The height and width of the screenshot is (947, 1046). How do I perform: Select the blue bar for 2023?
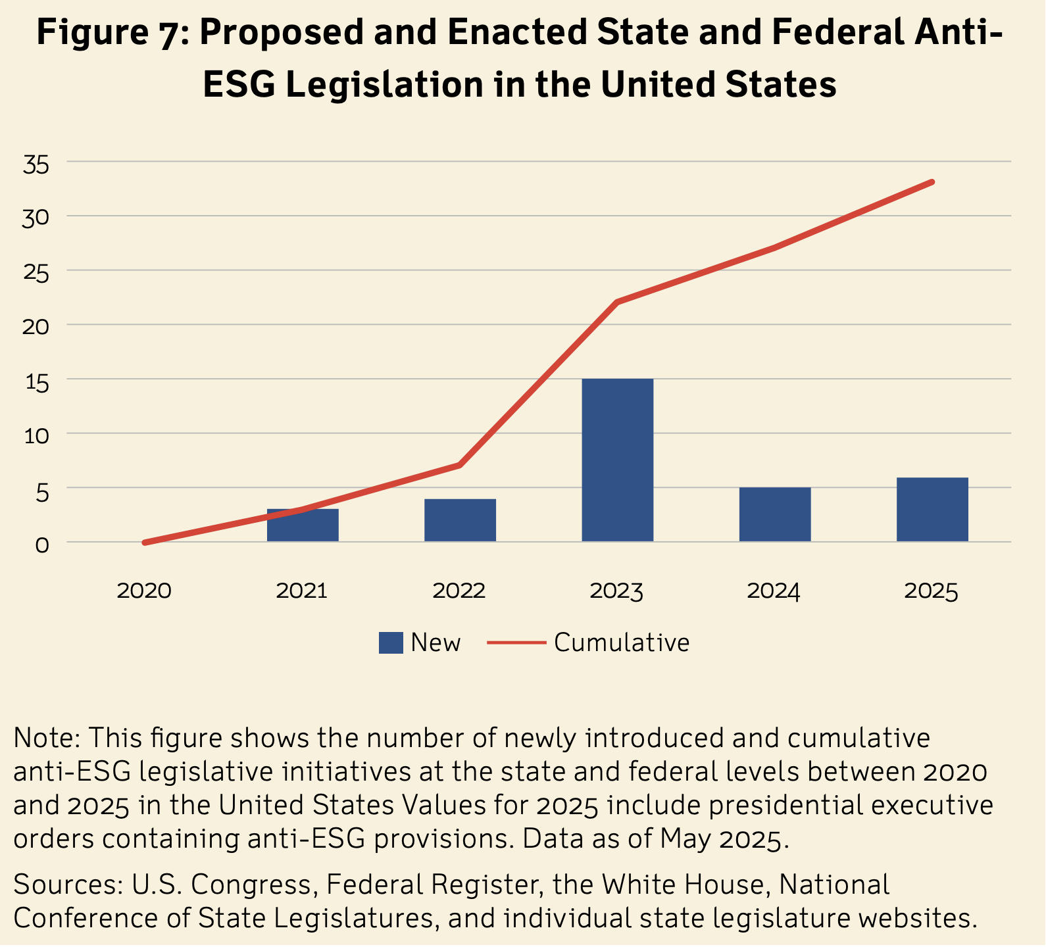click(x=617, y=460)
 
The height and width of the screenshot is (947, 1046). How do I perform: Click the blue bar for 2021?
click(x=303, y=525)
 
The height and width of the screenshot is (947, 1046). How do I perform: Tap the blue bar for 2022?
click(x=460, y=520)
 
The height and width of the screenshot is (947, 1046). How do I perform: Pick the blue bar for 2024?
click(x=775, y=514)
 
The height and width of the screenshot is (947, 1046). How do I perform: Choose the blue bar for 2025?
click(x=932, y=510)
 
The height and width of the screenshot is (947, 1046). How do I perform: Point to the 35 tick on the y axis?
click(x=36, y=163)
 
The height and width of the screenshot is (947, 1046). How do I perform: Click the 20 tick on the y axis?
click(x=36, y=326)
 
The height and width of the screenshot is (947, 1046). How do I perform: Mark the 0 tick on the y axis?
click(x=42, y=544)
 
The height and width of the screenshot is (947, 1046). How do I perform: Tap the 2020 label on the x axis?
click(x=144, y=591)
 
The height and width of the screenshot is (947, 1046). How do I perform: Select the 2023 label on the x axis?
click(x=616, y=591)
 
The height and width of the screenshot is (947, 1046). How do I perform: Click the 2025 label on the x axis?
click(x=932, y=591)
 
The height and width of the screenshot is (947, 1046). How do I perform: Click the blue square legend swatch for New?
click(x=391, y=643)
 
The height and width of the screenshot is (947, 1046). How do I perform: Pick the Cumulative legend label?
click(x=622, y=643)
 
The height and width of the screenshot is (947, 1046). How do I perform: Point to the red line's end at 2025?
click(x=932, y=182)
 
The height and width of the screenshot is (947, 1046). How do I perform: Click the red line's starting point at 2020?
click(x=145, y=543)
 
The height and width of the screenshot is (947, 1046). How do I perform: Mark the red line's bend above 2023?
click(x=617, y=302)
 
